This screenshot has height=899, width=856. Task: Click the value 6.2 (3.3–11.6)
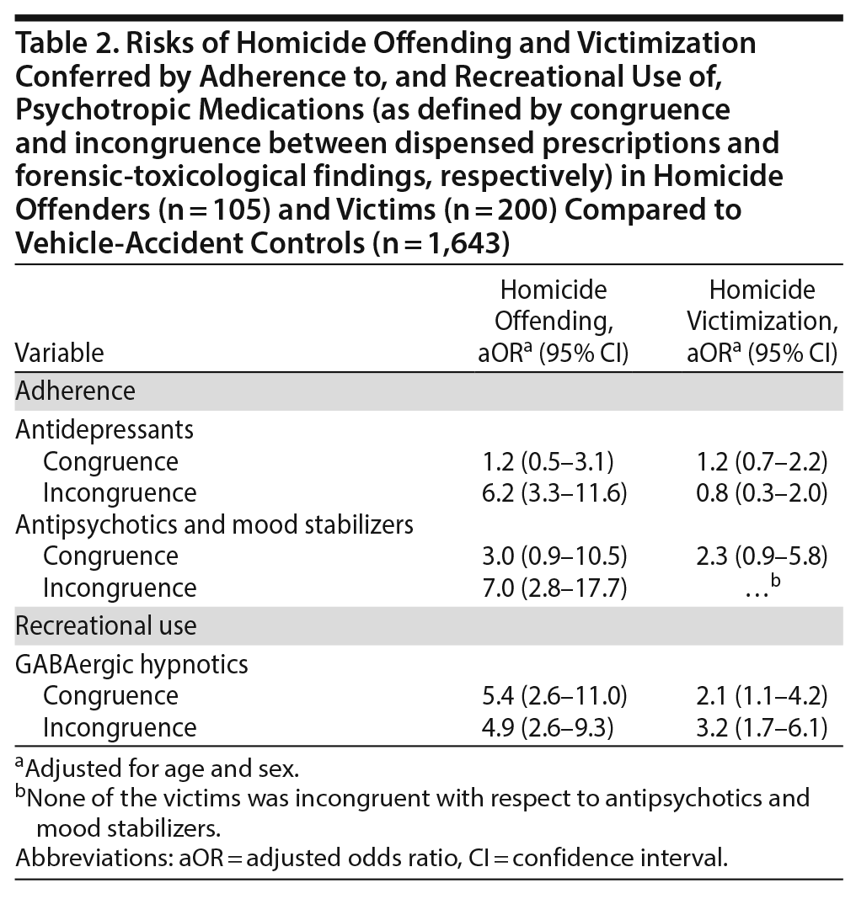[x=553, y=492]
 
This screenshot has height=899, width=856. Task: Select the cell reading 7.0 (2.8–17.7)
[x=553, y=587]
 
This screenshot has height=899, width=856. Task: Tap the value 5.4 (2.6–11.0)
[x=553, y=696]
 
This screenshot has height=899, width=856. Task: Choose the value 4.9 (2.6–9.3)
[x=553, y=726]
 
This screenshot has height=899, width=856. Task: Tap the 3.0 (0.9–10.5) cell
[x=553, y=556]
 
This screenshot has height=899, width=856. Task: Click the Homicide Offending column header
[x=553, y=322]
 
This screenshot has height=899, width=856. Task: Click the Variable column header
[x=59, y=353]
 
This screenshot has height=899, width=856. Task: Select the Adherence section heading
[x=76, y=391]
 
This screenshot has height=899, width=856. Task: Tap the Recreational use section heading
[x=106, y=626]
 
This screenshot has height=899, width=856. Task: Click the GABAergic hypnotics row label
[x=131, y=665]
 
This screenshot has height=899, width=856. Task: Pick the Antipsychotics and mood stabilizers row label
[x=215, y=524]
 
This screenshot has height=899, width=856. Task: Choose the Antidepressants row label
[x=104, y=429]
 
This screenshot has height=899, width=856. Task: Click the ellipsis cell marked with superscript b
[x=757, y=588]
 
